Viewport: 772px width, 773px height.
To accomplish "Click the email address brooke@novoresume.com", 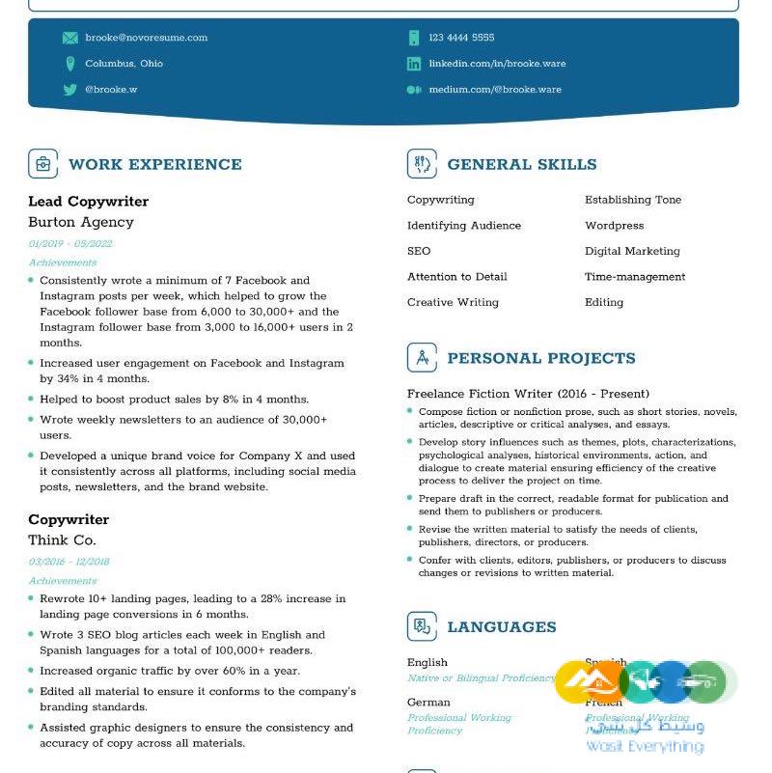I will coord(146,38).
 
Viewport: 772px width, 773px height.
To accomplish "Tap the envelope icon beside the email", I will coord(70,38).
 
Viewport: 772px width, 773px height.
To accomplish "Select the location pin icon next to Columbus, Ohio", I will coord(70,64).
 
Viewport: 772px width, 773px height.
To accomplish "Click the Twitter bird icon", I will coord(70,90).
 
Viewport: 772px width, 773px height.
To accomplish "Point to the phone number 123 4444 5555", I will coord(461,38).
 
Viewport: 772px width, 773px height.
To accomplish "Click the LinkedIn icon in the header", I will coord(414,64).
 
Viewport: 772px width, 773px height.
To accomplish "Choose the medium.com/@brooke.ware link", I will coord(495,90).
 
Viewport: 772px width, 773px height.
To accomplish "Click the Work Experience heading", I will coord(155,164).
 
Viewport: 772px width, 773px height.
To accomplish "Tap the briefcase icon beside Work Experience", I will coord(43,164).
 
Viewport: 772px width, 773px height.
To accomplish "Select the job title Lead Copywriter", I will coord(88,202).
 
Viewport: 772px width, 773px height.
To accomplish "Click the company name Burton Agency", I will coord(81,222).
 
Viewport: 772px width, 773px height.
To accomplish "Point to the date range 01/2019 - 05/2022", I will coord(70,244).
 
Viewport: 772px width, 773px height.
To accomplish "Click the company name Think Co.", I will coord(62,540).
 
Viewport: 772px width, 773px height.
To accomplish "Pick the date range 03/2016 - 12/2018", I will coord(69,562).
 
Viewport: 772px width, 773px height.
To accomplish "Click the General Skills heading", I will coord(522,164).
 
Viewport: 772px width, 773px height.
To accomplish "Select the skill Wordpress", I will coord(614,226).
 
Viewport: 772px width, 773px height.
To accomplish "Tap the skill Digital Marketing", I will coord(632,251).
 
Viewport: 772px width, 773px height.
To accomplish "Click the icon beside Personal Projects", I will coord(422,358).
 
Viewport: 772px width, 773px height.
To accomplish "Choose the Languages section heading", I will coord(502,627).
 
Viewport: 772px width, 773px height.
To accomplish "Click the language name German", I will coord(428,703).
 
